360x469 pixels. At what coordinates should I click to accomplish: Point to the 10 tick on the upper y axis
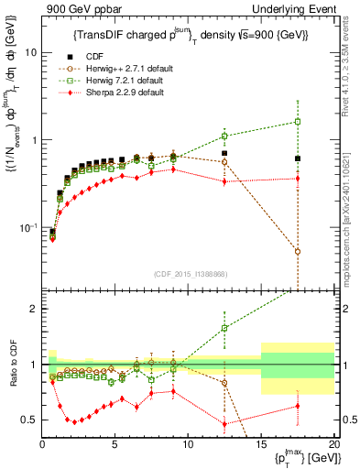click(x=30, y=52)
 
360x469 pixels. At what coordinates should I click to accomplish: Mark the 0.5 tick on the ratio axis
click(x=29, y=420)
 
